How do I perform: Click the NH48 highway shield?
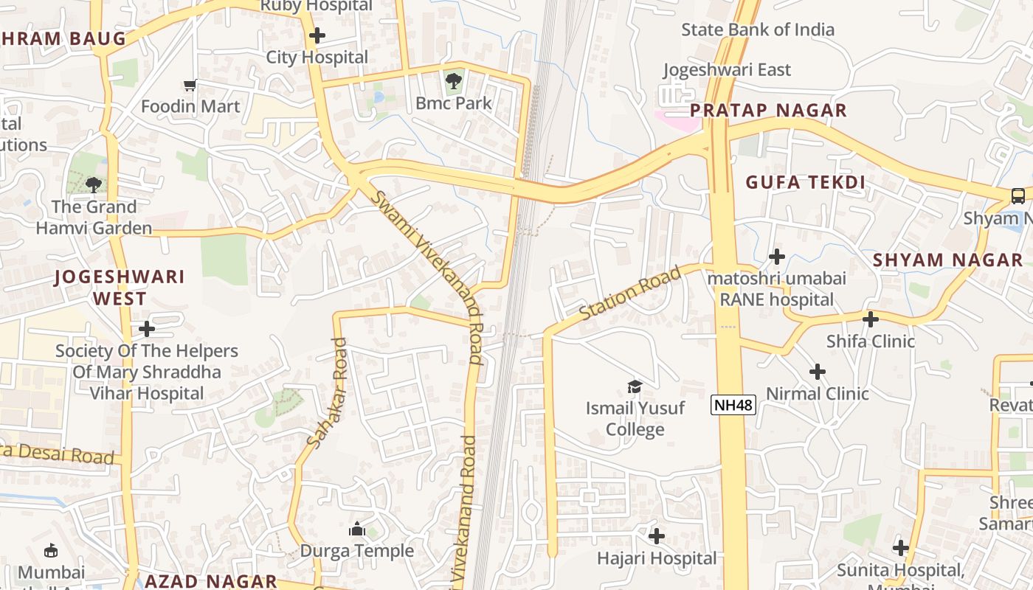pyautogui.click(x=733, y=404)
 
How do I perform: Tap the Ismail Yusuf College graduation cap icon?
pyautogui.click(x=634, y=386)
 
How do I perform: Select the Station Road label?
pyautogui.click(x=629, y=294)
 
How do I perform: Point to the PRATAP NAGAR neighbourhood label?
pyautogui.click(x=768, y=111)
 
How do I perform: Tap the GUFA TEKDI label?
pyautogui.click(x=805, y=182)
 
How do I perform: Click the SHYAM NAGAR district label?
pyautogui.click(x=947, y=260)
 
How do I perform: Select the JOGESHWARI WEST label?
pyautogui.click(x=120, y=288)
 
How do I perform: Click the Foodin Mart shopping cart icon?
pyautogui.click(x=190, y=85)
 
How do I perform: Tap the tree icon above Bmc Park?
pyautogui.click(x=454, y=80)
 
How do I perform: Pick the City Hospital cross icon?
pyautogui.click(x=317, y=35)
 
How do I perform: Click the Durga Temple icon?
pyautogui.click(x=356, y=529)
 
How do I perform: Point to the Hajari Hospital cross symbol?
pyautogui.click(x=656, y=535)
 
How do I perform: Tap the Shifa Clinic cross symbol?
pyautogui.click(x=871, y=319)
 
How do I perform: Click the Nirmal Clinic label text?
pyautogui.click(x=818, y=393)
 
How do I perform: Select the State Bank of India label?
pyautogui.click(x=758, y=29)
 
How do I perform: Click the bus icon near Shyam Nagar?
pyautogui.click(x=1018, y=195)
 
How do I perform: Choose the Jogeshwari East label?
pyautogui.click(x=727, y=69)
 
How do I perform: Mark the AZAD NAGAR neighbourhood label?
pyautogui.click(x=210, y=581)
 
